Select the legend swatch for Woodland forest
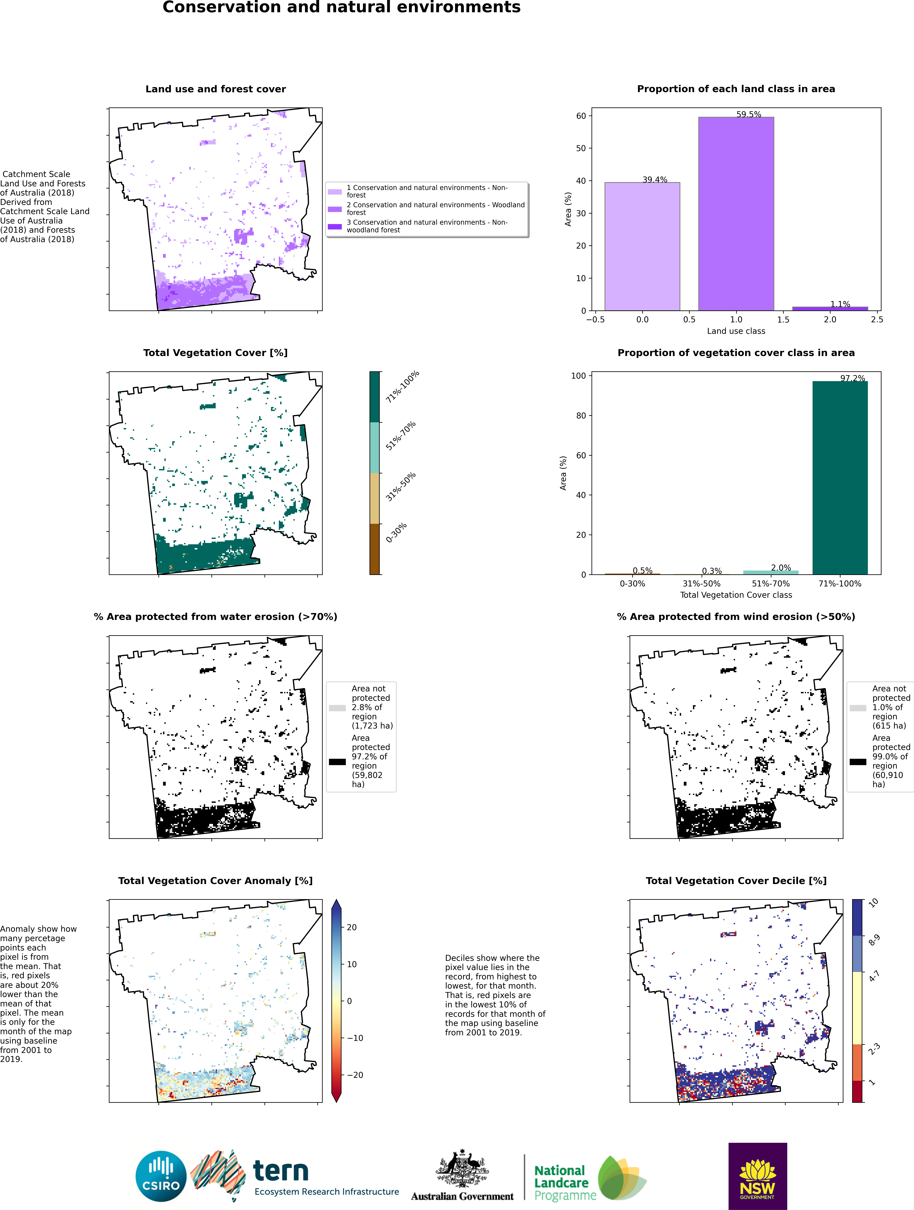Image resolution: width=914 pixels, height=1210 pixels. (x=335, y=209)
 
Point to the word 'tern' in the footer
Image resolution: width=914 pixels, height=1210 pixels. (x=281, y=1170)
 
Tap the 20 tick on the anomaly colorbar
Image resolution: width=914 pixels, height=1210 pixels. (x=352, y=927)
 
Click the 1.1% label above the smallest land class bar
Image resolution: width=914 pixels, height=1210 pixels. (x=840, y=304)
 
